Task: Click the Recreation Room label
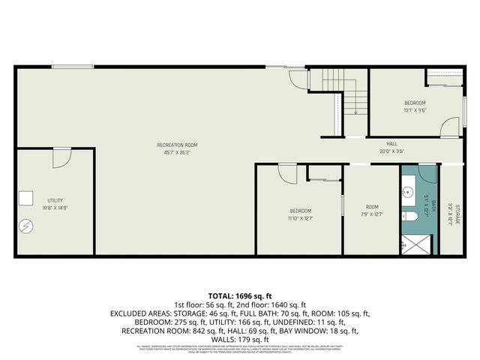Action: (x=177, y=145)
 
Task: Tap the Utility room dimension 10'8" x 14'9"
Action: (x=55, y=208)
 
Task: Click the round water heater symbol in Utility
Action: (x=26, y=224)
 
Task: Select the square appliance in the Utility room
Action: (x=26, y=197)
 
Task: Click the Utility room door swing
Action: (x=62, y=157)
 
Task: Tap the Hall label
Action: (x=391, y=144)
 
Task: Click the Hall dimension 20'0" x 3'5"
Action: (x=391, y=151)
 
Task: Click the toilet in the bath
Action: (x=409, y=217)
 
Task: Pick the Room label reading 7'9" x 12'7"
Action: (x=372, y=211)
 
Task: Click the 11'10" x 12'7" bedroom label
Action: (x=300, y=214)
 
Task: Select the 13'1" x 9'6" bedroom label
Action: (x=415, y=106)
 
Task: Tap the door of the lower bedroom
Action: (x=287, y=174)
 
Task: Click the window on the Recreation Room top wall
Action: (x=73, y=67)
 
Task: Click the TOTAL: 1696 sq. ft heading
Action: (x=239, y=296)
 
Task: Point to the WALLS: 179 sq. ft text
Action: (x=239, y=339)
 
